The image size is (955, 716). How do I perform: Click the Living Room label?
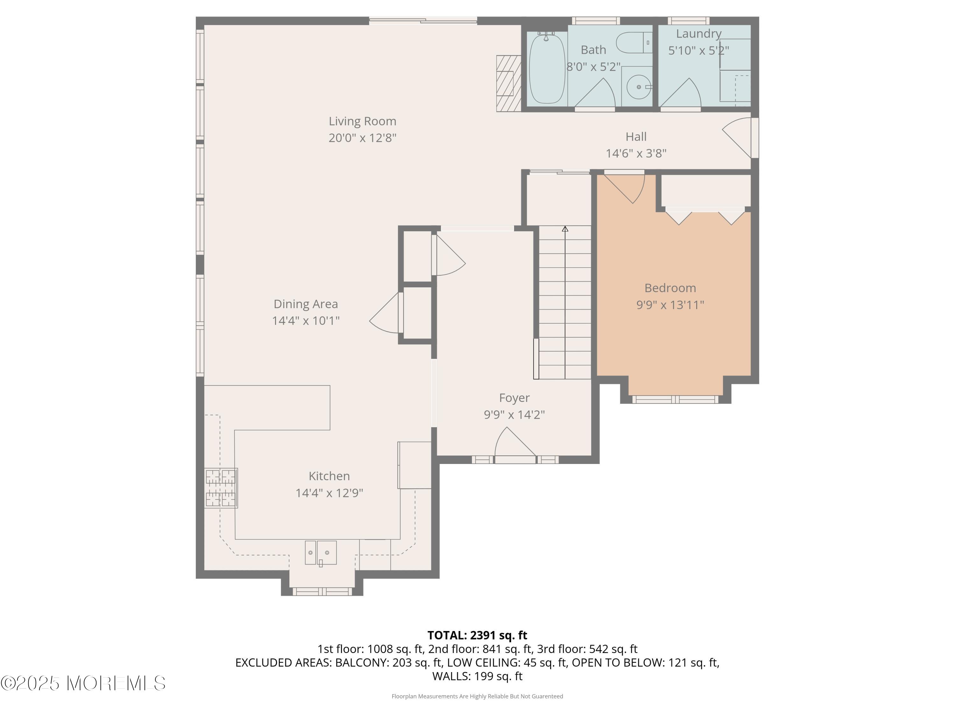362,121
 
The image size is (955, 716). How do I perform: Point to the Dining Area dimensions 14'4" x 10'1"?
306,321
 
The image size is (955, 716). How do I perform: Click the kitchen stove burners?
221,488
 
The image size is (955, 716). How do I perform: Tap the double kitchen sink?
320,553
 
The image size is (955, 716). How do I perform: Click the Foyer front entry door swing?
514,444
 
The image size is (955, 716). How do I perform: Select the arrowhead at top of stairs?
565,229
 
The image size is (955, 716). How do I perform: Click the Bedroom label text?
670,288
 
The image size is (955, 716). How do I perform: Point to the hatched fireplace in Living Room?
509,84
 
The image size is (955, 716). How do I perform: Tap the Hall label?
636,137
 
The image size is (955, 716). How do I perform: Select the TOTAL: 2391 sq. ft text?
477,635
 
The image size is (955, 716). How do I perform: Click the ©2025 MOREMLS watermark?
83,683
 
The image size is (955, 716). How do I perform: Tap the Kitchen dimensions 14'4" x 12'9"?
329,493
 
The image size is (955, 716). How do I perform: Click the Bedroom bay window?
675,400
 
